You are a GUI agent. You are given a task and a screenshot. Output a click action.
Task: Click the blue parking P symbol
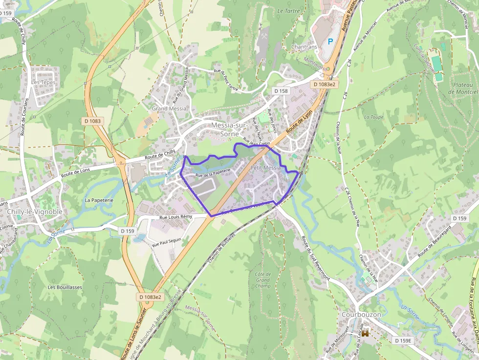tap(331, 42)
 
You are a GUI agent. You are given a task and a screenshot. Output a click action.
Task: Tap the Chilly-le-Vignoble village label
tap(35, 212)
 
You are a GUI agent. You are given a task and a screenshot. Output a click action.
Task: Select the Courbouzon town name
tap(361, 315)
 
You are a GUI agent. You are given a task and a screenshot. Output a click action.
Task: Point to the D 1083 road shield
tap(92, 121)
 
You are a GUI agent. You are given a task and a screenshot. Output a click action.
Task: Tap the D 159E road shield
tap(404, 340)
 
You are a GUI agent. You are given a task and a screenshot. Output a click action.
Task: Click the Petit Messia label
tap(265, 168)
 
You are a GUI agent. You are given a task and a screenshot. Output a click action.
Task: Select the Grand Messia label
tap(169, 108)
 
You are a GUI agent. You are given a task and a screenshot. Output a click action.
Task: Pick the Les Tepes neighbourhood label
tap(44, 83)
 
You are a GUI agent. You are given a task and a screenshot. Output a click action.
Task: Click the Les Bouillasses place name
tap(65, 287)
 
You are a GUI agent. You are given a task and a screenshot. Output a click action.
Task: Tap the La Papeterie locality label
tap(99, 200)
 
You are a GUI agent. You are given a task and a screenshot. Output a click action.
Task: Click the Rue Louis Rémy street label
tap(176, 216)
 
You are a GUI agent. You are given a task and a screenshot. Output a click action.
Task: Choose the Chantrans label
tap(304, 47)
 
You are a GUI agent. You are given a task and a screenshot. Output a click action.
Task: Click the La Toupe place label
tap(374, 117)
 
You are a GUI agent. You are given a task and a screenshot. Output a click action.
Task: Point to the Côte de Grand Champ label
tap(262, 280)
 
